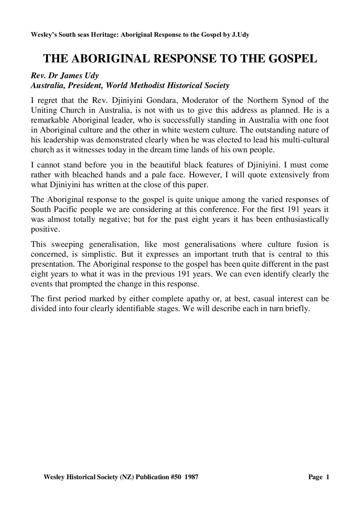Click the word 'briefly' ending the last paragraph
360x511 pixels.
[x=298, y=309]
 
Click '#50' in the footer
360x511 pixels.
[x=175, y=478]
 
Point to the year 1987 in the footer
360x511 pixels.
[x=191, y=478]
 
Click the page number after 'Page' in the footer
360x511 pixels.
[x=328, y=478]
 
